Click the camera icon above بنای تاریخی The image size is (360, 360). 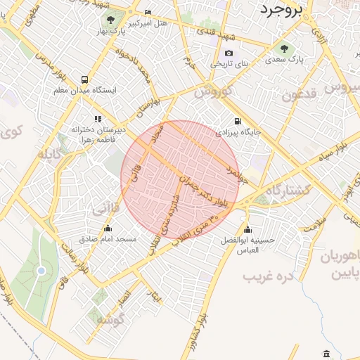coord(229,53)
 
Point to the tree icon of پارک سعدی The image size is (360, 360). coord(284,49)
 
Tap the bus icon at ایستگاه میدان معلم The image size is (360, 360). coord(84,80)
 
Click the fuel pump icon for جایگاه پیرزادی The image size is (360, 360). coord(237,120)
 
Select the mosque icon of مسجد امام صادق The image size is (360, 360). coord(108,228)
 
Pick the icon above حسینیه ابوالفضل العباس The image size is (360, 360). coord(247,229)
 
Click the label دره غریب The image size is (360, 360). coord(267,276)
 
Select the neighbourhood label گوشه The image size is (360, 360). coord(110,321)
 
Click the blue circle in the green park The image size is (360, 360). coord(41,271)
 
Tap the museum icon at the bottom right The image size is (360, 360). coord(326,352)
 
